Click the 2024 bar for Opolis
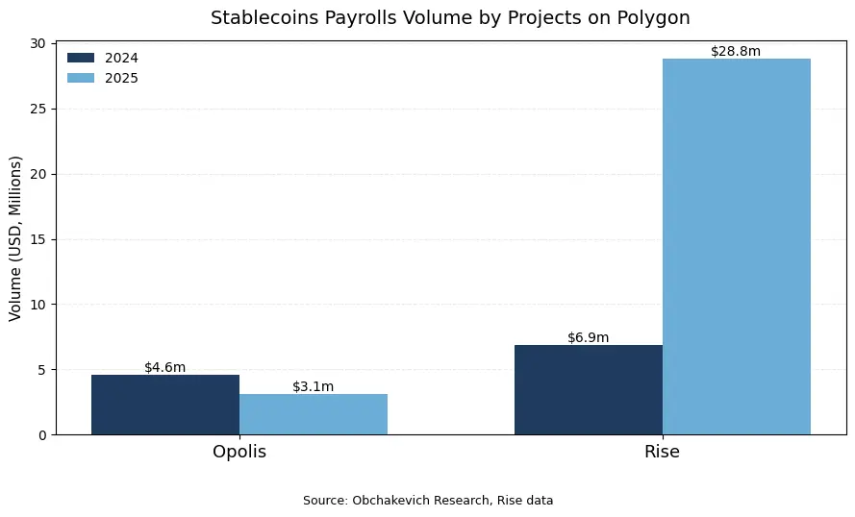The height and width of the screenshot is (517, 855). [165, 405]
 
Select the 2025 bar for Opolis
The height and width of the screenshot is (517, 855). [314, 414]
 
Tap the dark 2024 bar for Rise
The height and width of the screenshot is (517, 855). [589, 389]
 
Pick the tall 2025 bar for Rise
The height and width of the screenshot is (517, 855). [737, 246]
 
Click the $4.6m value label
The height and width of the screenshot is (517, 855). [165, 367]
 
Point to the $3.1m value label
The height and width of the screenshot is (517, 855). [314, 386]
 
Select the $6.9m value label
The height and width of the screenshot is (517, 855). [589, 337]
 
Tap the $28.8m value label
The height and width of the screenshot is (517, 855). [737, 51]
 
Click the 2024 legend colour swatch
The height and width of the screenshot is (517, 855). [81, 58]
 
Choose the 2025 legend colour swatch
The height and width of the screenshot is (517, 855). [81, 78]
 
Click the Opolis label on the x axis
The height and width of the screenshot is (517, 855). [239, 452]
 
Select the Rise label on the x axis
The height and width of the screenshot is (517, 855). [663, 452]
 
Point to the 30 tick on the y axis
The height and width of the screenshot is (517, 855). [38, 44]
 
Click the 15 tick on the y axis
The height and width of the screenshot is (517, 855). [38, 239]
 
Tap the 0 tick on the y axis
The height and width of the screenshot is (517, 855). [42, 435]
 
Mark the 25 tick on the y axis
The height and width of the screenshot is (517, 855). [38, 110]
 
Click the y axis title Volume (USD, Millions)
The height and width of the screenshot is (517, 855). [15, 238]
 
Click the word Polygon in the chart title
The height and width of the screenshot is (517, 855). [655, 18]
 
